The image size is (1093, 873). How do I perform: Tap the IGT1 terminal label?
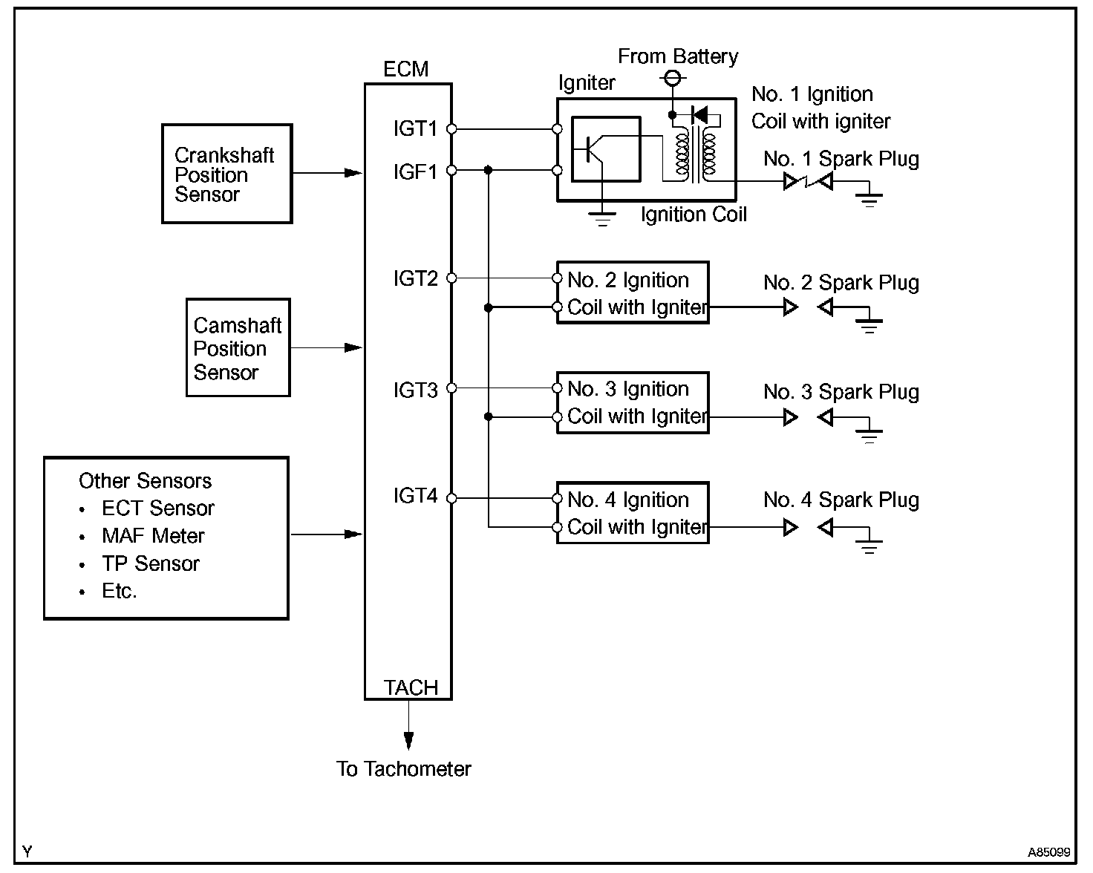point(415,129)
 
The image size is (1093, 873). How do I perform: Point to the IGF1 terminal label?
point(415,172)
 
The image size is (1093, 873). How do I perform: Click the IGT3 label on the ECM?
point(415,390)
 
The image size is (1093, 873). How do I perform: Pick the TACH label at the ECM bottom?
point(411,687)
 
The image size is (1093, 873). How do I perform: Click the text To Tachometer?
point(404,769)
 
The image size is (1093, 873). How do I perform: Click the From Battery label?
point(678,57)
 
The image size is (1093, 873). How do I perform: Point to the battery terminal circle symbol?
point(673,78)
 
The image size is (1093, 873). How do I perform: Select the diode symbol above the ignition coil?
point(699,115)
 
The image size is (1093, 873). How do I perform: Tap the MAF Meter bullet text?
point(153,536)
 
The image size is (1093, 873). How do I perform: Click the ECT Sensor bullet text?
point(158,508)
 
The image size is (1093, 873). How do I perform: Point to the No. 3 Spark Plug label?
point(841,392)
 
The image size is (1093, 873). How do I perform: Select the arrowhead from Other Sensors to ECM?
point(353,534)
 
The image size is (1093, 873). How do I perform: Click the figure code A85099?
point(1048,852)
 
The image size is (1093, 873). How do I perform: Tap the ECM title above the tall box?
point(406,69)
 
